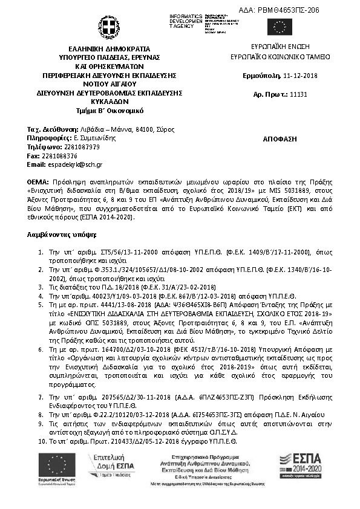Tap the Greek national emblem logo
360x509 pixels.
(x=109, y=27)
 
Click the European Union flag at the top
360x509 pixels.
(x=280, y=27)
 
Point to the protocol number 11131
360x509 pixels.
(x=299, y=95)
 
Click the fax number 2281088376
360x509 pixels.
(x=58, y=155)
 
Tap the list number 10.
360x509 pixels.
(x=41, y=441)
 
